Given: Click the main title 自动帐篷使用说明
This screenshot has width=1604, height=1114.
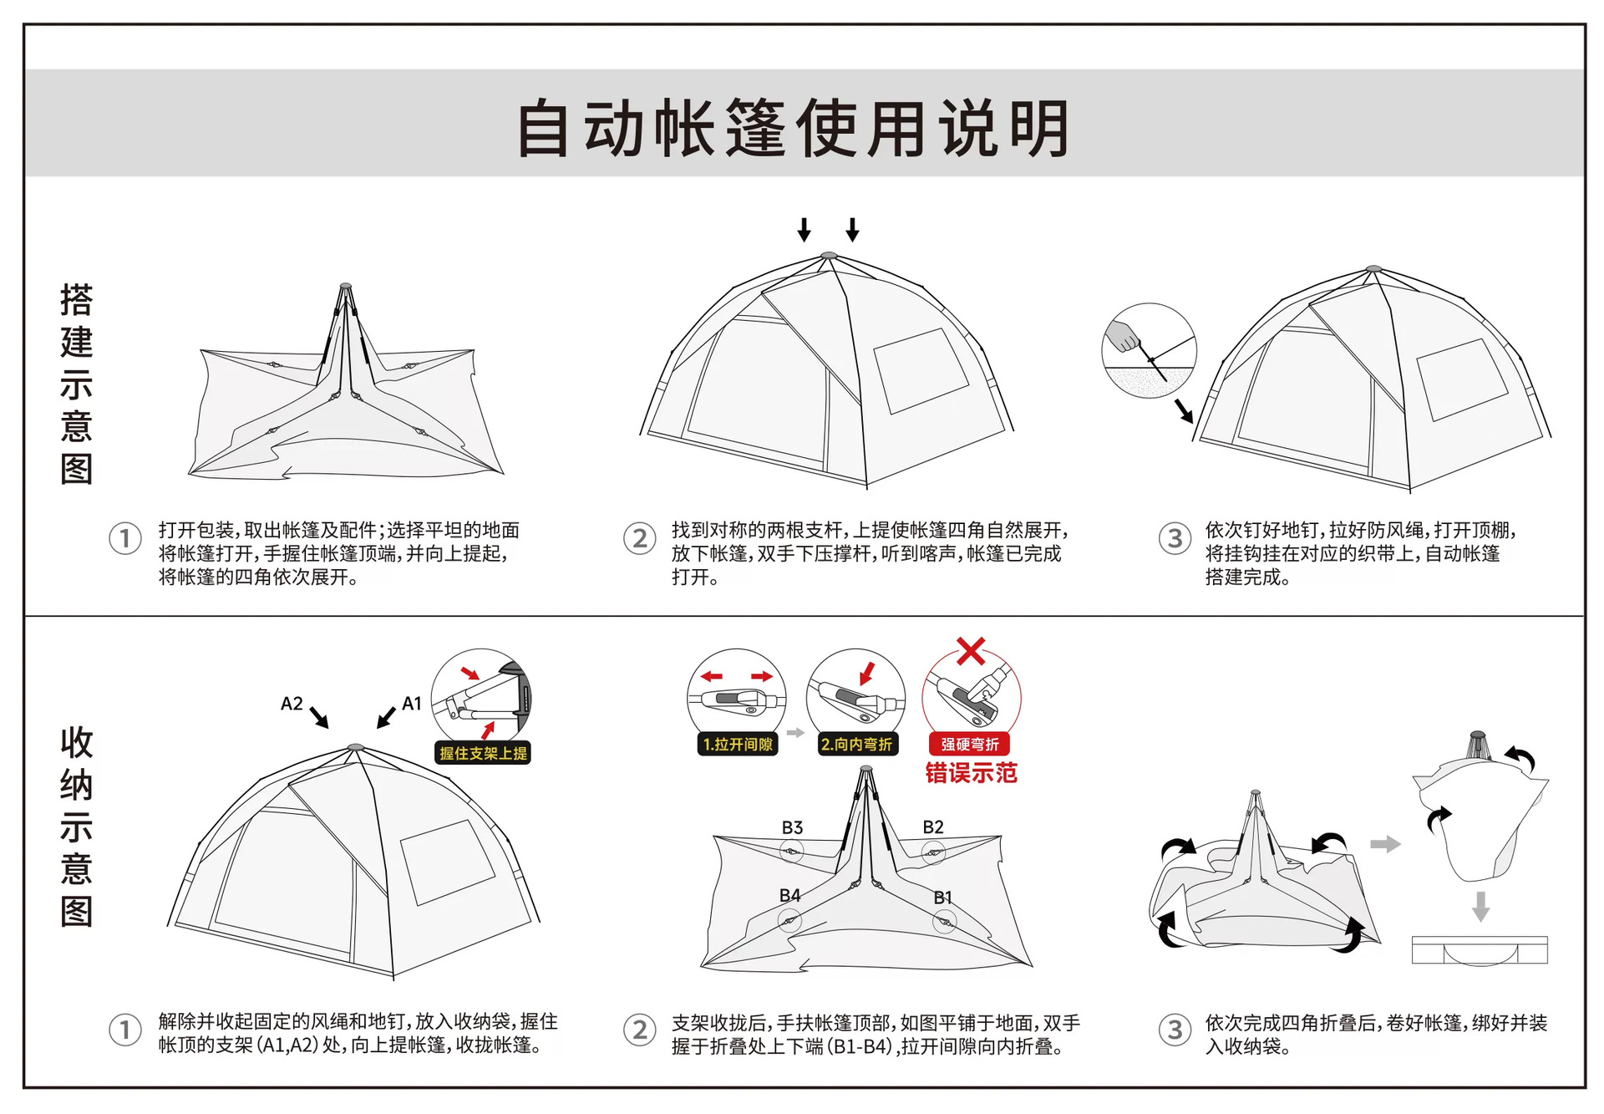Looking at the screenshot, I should coord(794,128).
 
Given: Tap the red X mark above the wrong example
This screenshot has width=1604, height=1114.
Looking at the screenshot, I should coord(971,650).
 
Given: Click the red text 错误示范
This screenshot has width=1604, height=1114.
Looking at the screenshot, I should coord(971,773).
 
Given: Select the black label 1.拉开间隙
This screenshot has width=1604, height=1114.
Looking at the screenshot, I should coord(737,744).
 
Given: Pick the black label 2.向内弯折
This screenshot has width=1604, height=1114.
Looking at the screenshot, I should coord(856,744).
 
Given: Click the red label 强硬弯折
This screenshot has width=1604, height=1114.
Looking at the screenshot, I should coord(970,744).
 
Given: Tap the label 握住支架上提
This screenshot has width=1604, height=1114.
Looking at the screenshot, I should coord(483,753).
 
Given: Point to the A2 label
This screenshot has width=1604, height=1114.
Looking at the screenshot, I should coord(292,704).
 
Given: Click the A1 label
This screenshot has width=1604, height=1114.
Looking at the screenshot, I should coord(412,704).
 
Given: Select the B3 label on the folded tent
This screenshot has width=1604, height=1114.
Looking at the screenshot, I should coord(792,827).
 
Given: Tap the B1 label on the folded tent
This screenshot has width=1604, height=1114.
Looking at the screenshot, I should coord(942,898).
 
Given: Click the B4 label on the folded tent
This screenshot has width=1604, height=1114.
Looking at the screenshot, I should coord(789,895).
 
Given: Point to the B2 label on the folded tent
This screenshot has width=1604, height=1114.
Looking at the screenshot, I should coord(933,827).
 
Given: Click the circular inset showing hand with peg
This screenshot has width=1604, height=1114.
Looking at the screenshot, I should coord(1149,350).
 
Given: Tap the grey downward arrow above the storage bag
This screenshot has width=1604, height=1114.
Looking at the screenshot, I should coord(1480,906).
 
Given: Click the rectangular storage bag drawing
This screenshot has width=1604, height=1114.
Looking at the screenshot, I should coord(1480,950).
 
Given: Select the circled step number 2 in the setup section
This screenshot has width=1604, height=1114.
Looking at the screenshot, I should coord(640,538).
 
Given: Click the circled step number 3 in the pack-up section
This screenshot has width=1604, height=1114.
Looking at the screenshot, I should coord(1175,1030).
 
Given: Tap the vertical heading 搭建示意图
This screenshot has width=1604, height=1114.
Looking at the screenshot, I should coord(76,384).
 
